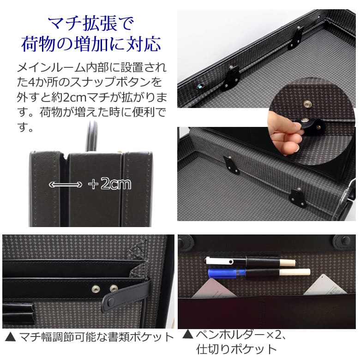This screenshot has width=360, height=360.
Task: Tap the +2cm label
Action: click(110, 184)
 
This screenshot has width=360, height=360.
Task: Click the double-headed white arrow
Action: click(65, 185)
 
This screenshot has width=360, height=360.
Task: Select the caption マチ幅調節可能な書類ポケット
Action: click(95, 336)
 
